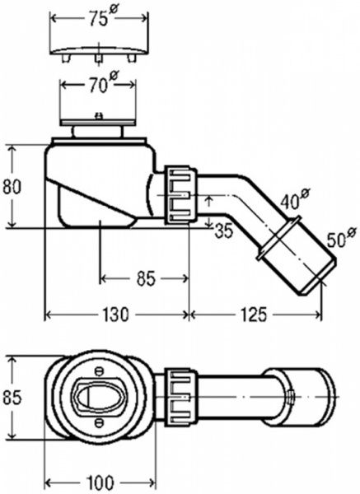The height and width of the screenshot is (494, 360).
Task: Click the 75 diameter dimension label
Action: tap(99, 17)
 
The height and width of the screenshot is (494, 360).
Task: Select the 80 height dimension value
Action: tap(12, 186)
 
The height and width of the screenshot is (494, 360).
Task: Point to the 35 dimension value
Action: tap(224, 231)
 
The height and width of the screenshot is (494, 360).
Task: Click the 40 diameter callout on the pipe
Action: tap(295, 198)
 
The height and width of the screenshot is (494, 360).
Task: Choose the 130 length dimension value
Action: tap(115, 315)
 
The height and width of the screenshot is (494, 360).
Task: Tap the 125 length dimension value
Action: tap(254, 315)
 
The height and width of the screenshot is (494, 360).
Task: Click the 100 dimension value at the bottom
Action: tap(101, 482)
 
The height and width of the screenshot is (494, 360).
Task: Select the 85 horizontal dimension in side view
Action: tap(147, 278)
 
